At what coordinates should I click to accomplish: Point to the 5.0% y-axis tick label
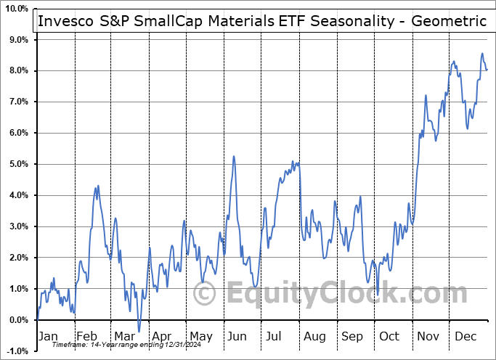[17, 164]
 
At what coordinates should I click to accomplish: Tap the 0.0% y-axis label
[17, 320]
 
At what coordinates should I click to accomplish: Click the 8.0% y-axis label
[17, 70]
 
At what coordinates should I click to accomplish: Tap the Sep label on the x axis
[351, 336]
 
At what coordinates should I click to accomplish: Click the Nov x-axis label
[428, 336]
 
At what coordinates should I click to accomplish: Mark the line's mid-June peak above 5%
[234, 156]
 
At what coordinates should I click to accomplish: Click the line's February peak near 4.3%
[98, 186]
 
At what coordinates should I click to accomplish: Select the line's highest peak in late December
[481, 53]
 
